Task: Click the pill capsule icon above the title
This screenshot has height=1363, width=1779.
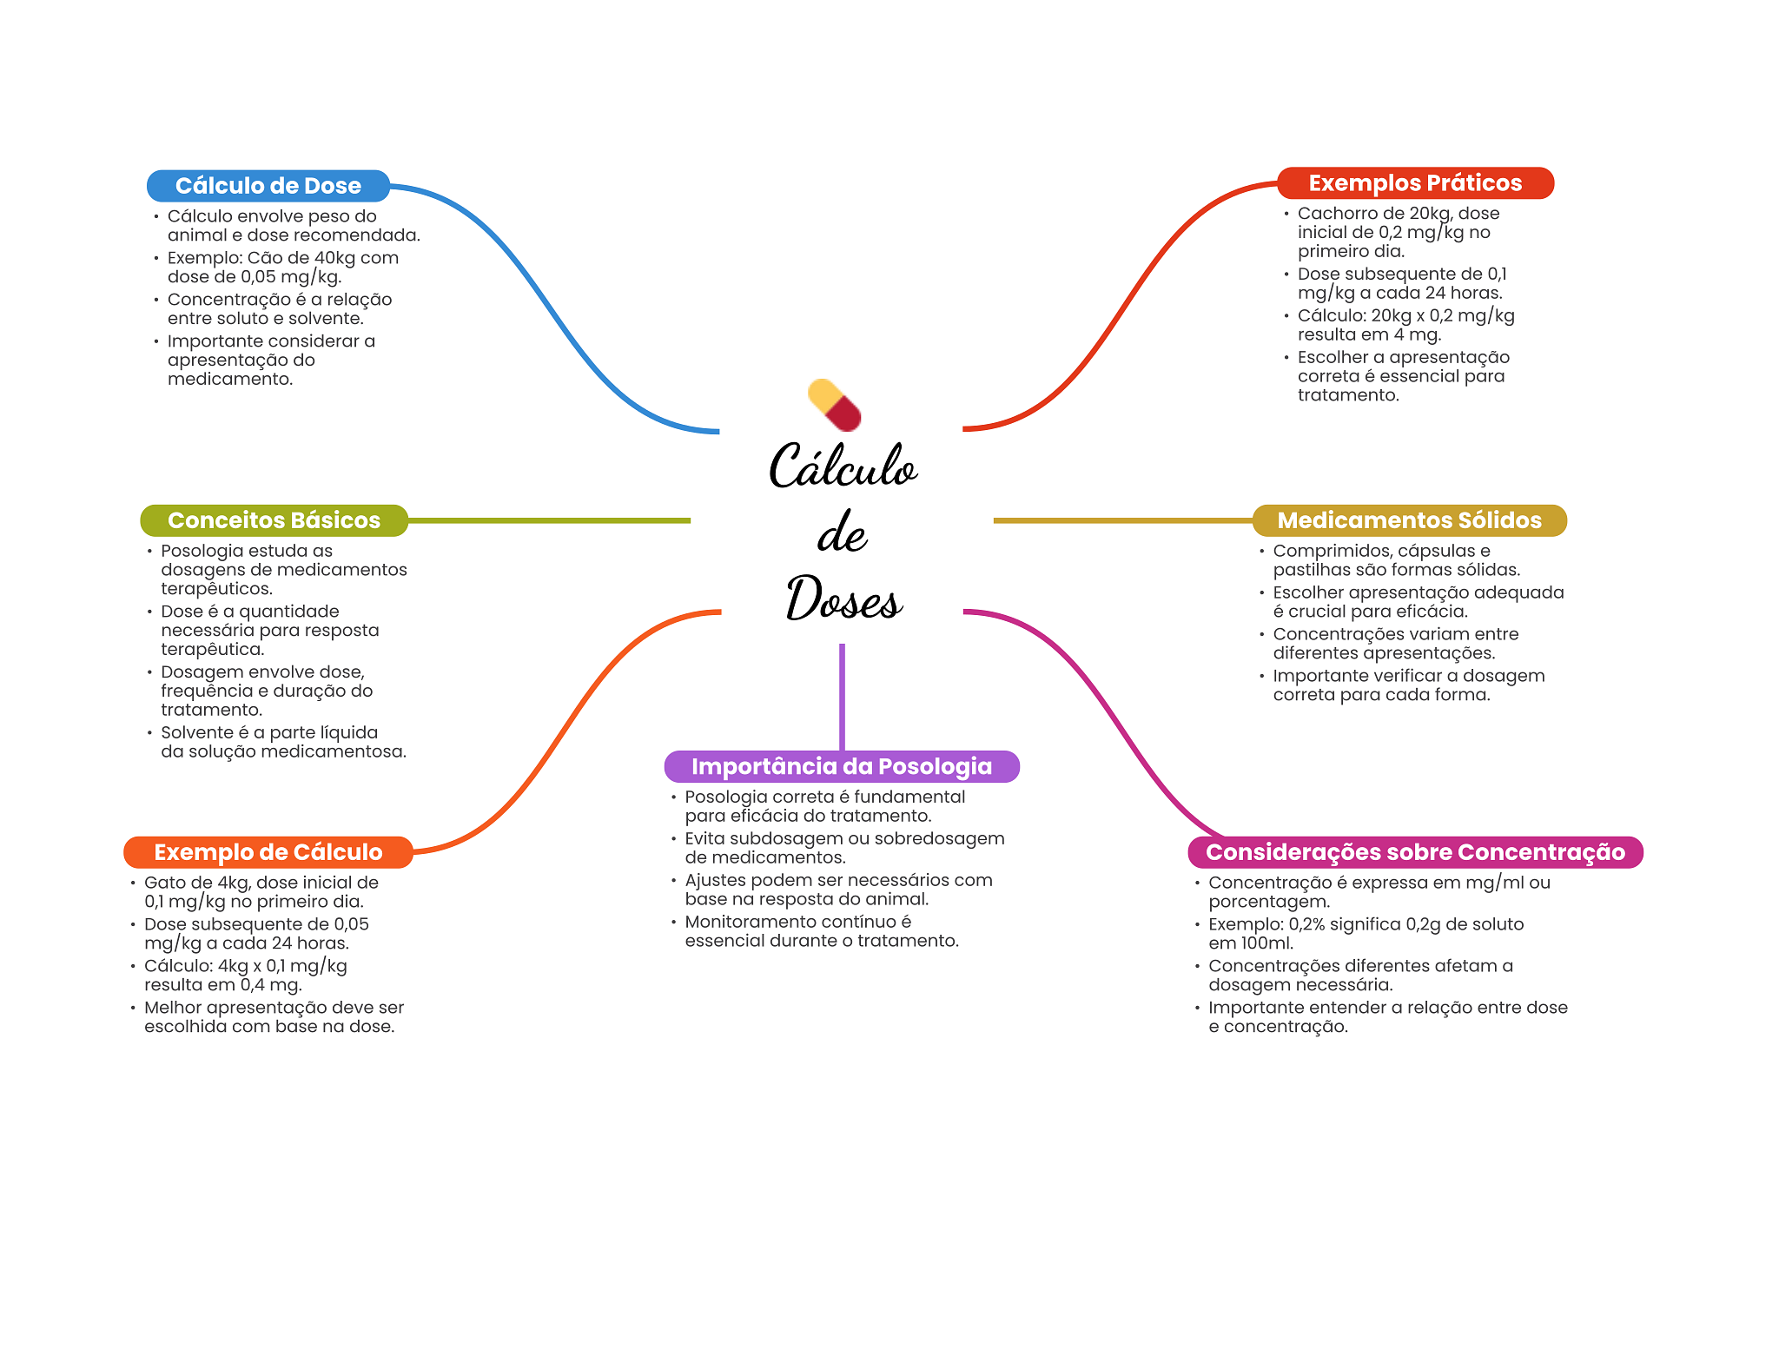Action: click(x=834, y=405)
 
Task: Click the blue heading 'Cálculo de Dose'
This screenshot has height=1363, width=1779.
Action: click(x=268, y=186)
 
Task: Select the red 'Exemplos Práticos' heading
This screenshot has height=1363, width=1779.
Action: click(x=1414, y=183)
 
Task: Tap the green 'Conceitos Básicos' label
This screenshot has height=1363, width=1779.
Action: click(x=274, y=520)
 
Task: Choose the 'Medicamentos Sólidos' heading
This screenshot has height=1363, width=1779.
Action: click(x=1408, y=520)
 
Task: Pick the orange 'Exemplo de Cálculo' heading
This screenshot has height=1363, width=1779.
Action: click(x=268, y=852)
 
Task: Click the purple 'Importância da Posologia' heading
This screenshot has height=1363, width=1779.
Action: click(x=841, y=766)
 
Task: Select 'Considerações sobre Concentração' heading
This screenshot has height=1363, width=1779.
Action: click(x=1414, y=852)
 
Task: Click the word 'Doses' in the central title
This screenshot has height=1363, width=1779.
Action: click(x=843, y=599)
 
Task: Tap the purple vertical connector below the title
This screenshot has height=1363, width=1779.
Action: click(x=842, y=695)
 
